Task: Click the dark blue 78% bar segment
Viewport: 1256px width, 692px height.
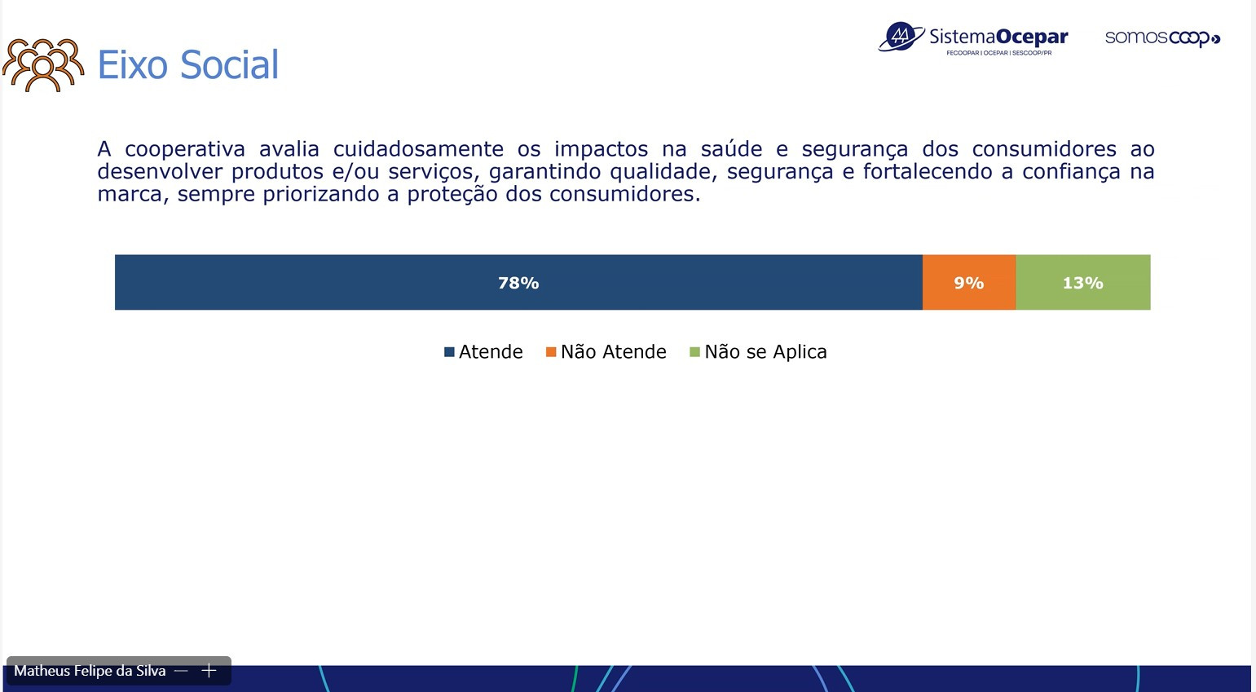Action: click(518, 282)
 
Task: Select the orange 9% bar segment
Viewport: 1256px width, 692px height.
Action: click(969, 282)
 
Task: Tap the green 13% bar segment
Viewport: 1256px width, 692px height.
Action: click(1083, 282)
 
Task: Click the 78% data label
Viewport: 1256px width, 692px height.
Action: click(518, 283)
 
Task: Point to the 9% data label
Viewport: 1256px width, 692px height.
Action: click(969, 283)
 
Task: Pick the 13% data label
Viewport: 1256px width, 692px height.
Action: click(1082, 283)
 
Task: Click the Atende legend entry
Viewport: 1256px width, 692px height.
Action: click(483, 351)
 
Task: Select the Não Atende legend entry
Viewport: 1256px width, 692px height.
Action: click(606, 351)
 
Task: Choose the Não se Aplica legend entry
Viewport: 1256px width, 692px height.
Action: click(758, 351)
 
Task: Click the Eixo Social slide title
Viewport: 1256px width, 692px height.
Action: click(187, 64)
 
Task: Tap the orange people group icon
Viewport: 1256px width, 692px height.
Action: click(43, 65)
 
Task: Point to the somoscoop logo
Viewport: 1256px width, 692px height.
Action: click(1162, 38)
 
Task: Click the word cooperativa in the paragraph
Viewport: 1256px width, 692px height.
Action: click(185, 149)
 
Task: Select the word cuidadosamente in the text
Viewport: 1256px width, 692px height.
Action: click(418, 149)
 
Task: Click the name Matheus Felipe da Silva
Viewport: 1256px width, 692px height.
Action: click(90, 671)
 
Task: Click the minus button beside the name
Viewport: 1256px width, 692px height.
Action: click(181, 671)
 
